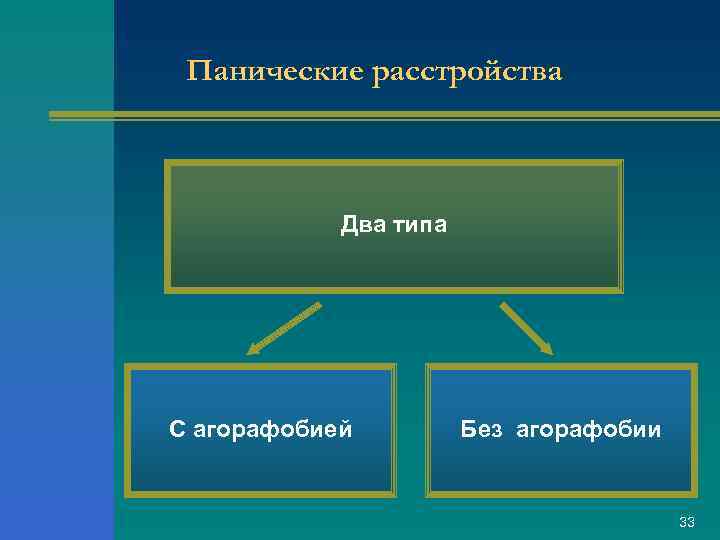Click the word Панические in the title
click(x=275, y=72)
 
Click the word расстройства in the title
click(x=468, y=72)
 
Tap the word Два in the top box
click(x=361, y=225)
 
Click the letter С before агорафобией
click(x=177, y=430)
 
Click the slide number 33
click(x=686, y=522)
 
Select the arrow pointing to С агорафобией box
click(x=284, y=329)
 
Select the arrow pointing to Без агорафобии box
click(x=526, y=328)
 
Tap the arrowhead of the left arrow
click(x=253, y=351)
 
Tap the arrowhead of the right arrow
click(x=546, y=348)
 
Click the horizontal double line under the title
click(x=380, y=116)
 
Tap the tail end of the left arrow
click(x=319, y=304)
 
